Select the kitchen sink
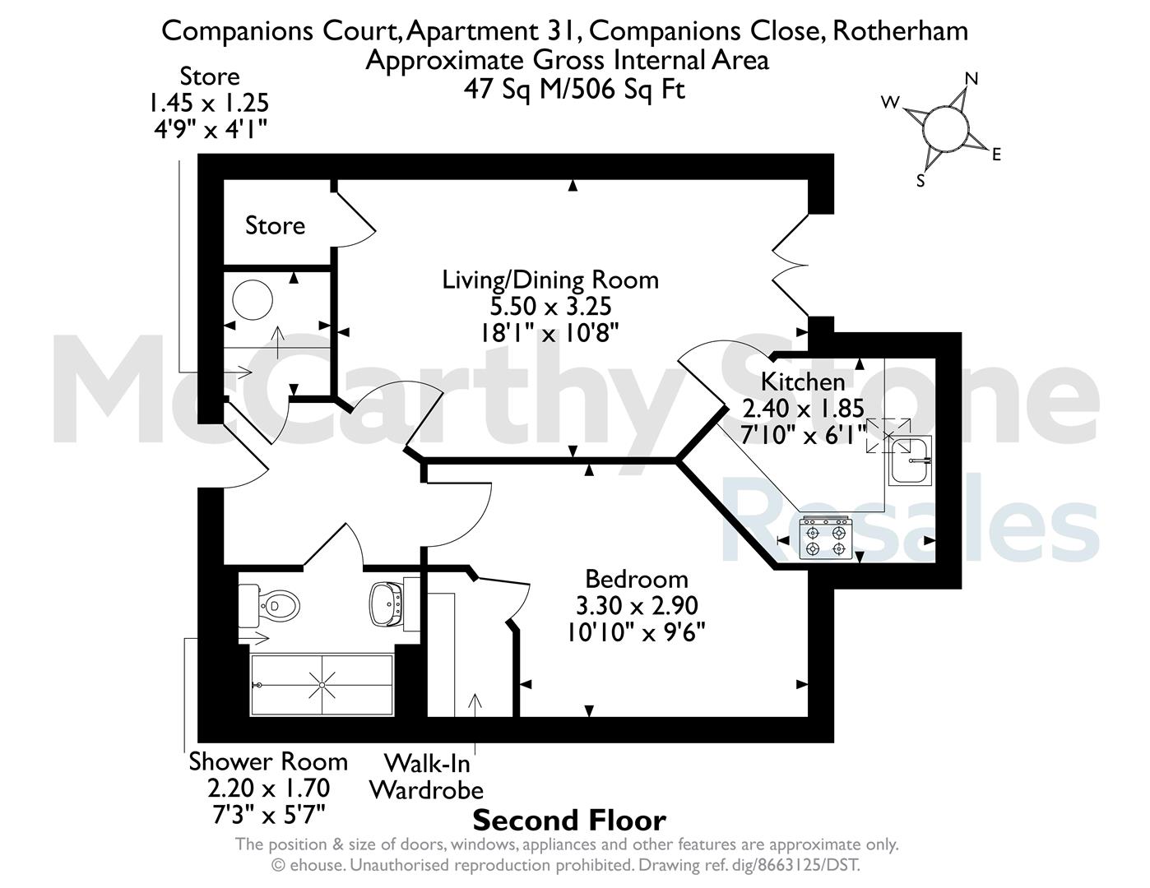click(909, 460)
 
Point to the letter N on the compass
click(971, 79)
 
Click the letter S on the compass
click(920, 181)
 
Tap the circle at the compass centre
click(946, 128)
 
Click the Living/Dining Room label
click(550, 280)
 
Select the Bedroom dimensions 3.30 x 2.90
click(637, 606)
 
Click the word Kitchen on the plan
click(803, 382)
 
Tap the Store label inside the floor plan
click(276, 226)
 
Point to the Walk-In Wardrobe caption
click(427, 777)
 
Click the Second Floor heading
click(569, 821)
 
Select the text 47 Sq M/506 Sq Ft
click(575, 88)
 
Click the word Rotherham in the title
click(901, 30)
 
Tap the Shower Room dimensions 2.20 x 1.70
click(269, 789)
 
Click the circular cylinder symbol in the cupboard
click(253, 300)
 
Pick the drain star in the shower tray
click(322, 685)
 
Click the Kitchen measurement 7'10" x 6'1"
click(803, 435)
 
